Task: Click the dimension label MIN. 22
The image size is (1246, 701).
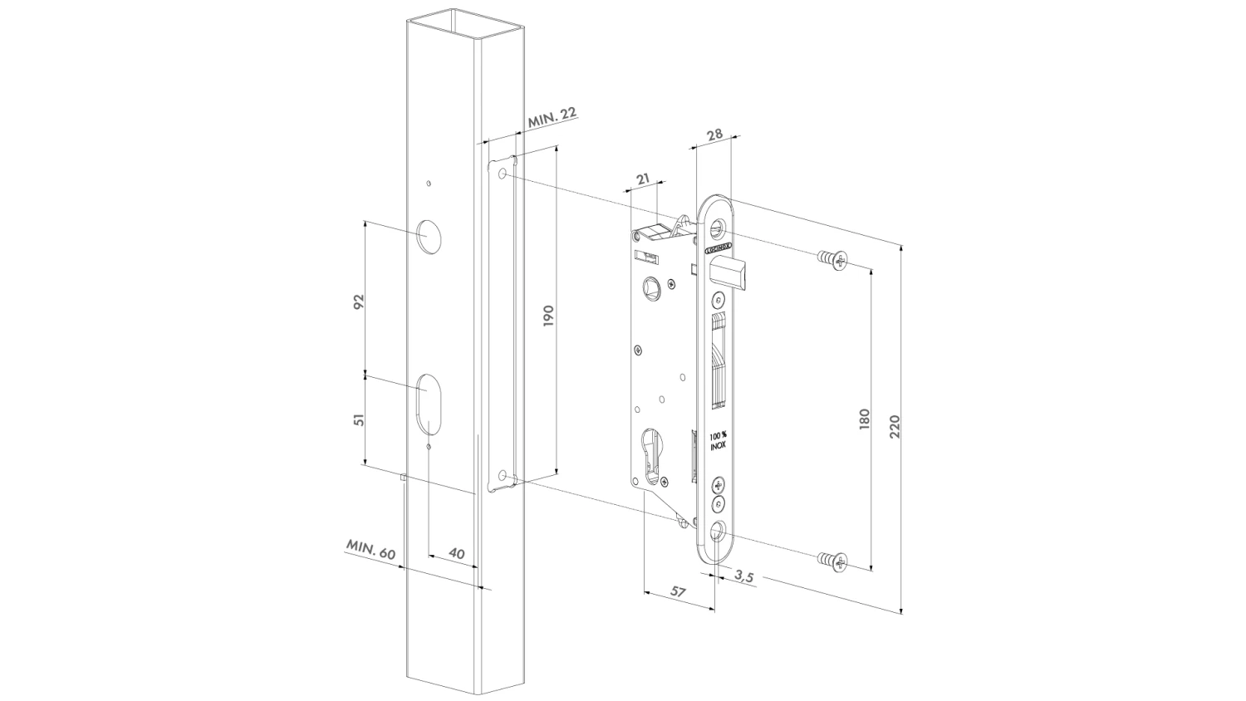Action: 552,117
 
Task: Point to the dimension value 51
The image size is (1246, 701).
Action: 359,419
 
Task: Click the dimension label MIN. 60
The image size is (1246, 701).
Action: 371,550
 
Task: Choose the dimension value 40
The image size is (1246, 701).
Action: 456,552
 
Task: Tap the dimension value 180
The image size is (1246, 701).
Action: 864,419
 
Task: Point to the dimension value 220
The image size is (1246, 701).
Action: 895,427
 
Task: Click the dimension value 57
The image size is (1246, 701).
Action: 678,591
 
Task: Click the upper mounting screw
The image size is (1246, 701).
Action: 831,260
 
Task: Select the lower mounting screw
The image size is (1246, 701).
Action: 831,561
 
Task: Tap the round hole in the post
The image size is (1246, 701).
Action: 429,237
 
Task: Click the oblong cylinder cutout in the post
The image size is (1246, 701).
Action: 429,403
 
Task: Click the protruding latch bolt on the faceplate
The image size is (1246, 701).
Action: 735,273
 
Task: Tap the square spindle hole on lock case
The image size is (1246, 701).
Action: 650,287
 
